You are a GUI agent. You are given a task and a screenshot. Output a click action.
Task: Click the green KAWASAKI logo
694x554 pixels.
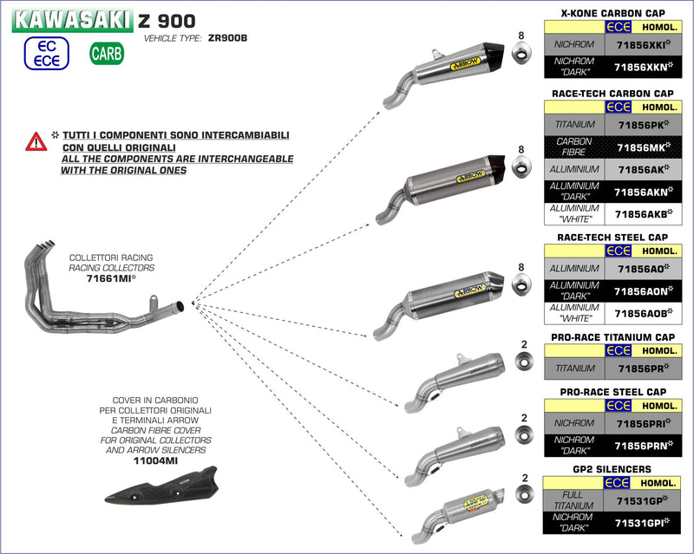click(x=72, y=20)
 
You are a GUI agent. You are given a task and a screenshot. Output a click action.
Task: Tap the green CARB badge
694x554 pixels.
click(x=107, y=55)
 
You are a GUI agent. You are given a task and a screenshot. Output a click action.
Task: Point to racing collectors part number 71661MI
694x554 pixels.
click(x=111, y=280)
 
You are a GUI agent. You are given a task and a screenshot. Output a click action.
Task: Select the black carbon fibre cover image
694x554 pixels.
click(x=159, y=499)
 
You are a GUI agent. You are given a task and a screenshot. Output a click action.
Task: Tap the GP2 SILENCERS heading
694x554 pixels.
click(x=617, y=469)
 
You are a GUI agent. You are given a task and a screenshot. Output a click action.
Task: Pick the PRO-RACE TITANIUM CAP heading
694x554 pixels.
click(x=617, y=337)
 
